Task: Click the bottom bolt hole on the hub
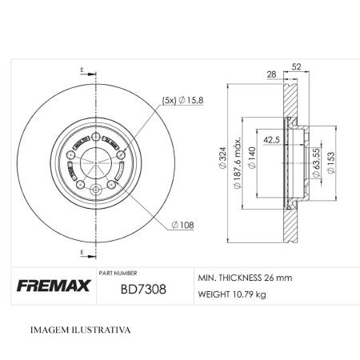97,190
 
